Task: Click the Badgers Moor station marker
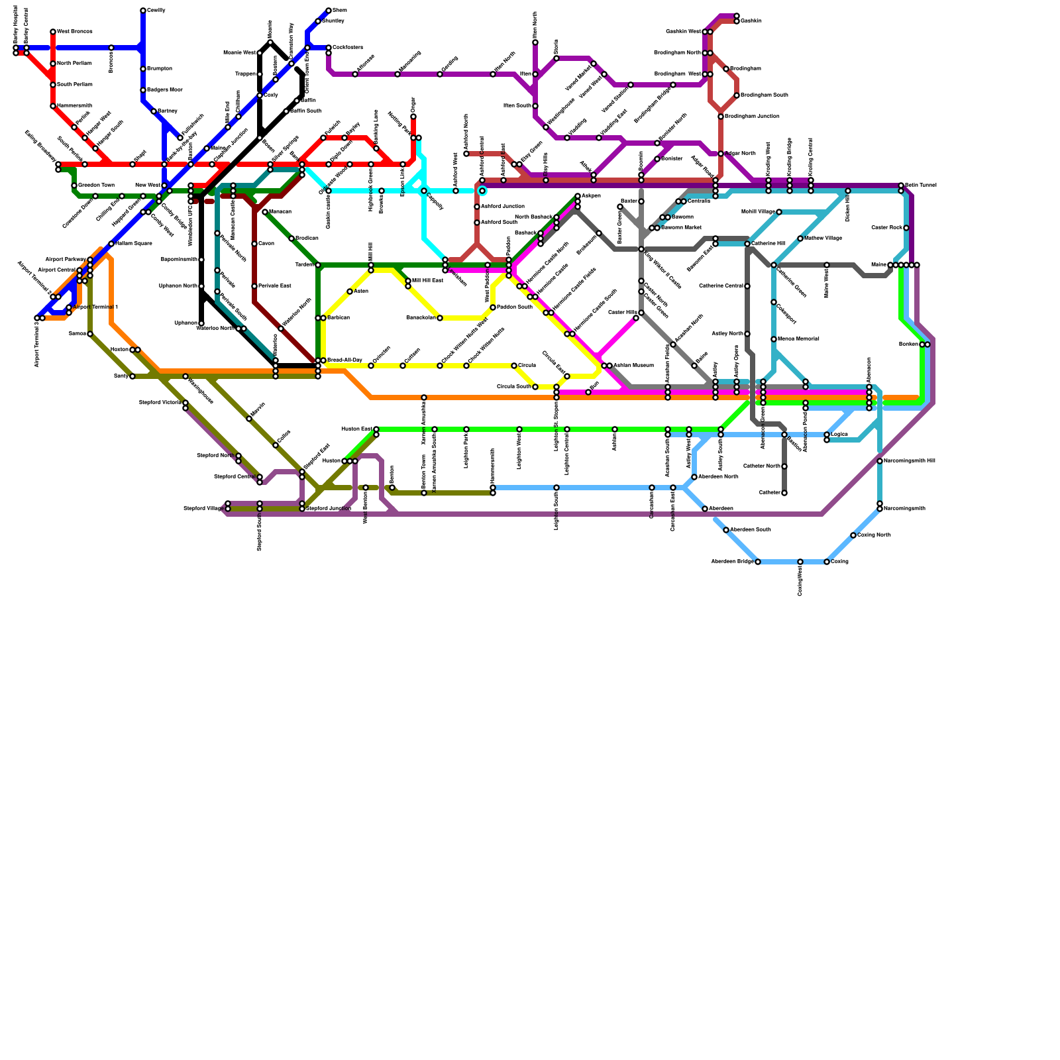[143, 90]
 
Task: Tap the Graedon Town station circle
[74, 185]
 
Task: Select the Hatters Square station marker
[111, 244]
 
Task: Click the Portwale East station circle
[254, 286]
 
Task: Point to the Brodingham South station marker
[737, 95]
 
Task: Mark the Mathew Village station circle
[800, 238]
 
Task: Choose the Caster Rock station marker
[906, 228]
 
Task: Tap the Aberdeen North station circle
[694, 477]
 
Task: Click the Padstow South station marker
[493, 307]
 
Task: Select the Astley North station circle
[747, 334]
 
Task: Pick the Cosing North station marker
[853, 535]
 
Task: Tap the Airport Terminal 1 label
[95, 307]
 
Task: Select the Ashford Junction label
[503, 207]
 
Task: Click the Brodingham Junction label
[752, 117]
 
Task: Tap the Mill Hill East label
[427, 281]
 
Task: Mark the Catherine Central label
[721, 286]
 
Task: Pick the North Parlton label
[74, 64]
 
